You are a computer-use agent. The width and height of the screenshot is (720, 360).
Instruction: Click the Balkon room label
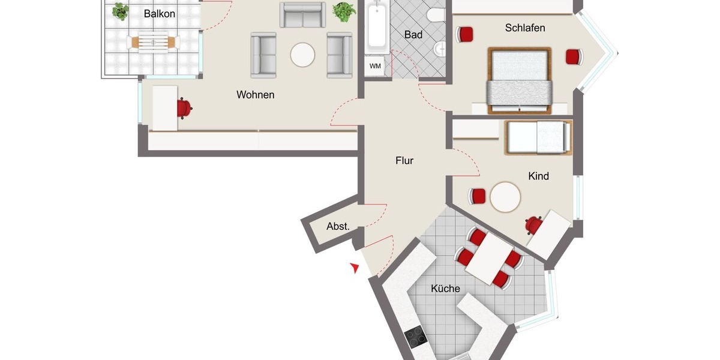(x=160, y=13)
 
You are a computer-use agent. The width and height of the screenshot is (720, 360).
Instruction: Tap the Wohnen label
(x=255, y=95)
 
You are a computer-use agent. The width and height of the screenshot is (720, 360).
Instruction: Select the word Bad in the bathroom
(x=413, y=35)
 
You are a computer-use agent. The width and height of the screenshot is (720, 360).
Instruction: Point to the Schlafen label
(x=525, y=28)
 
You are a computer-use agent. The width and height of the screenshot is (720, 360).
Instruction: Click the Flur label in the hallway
(x=404, y=161)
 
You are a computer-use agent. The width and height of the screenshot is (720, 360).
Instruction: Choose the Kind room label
(x=538, y=176)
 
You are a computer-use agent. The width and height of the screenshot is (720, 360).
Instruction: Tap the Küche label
(x=445, y=289)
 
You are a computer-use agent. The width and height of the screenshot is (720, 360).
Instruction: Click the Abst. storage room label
(x=338, y=227)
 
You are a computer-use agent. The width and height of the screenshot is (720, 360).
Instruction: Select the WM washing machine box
(x=375, y=65)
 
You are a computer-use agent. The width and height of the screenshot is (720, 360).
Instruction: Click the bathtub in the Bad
(x=377, y=27)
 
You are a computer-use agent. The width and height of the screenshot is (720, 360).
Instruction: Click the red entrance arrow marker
(x=356, y=268)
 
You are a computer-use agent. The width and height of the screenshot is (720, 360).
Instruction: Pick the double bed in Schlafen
(x=519, y=80)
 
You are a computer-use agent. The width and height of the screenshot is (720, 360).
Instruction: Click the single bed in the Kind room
(x=538, y=137)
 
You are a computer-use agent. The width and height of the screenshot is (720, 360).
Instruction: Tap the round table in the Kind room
(x=505, y=197)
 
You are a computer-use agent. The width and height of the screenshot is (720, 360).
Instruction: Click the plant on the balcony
(x=121, y=10)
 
